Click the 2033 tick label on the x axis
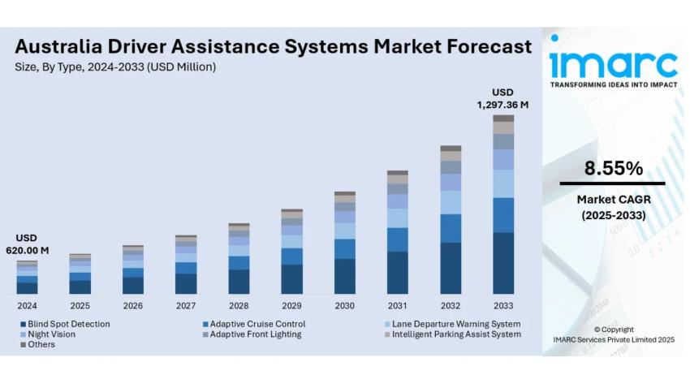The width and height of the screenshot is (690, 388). click(502, 306)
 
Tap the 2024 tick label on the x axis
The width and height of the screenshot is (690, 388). click(27, 306)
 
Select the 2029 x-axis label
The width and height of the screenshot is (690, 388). click(291, 306)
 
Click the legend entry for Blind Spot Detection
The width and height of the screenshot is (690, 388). click(69, 324)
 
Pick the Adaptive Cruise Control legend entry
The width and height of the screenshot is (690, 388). click(257, 324)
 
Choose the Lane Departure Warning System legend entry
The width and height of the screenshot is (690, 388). click(455, 324)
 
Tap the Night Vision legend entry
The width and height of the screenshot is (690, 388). click(51, 334)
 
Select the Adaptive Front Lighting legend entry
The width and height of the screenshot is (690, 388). click(256, 334)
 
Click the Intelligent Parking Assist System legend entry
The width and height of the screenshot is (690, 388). click(455, 334)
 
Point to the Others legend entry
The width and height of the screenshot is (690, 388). click(41, 344)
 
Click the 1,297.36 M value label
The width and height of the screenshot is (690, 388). click(502, 105)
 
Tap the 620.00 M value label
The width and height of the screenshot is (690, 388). click(27, 251)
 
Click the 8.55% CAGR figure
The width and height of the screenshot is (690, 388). click(614, 169)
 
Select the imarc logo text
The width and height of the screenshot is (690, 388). click(614, 63)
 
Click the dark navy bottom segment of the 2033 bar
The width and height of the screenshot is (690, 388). click(503, 263)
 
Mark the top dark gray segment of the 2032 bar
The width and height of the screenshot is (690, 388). click(451, 149)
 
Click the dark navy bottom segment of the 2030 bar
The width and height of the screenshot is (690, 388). click(345, 276)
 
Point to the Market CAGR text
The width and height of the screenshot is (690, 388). click(614, 200)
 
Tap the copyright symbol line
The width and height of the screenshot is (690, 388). click(614, 329)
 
